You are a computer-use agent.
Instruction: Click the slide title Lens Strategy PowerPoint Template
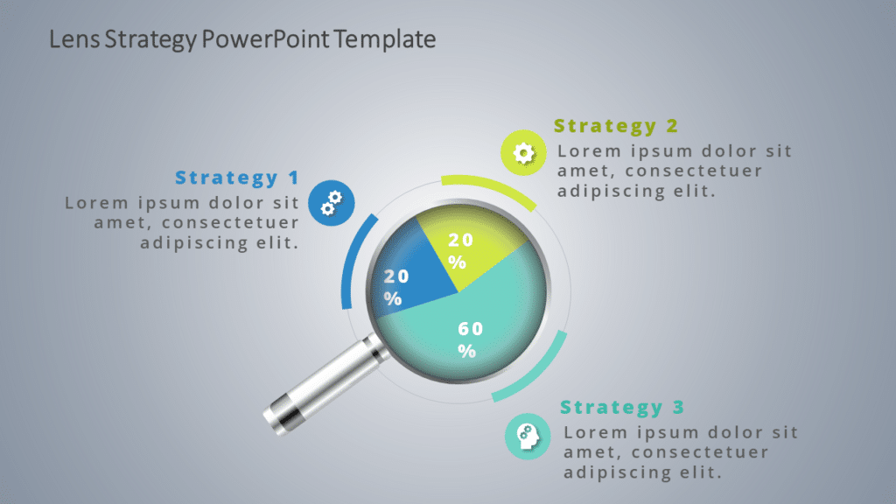(x=242, y=39)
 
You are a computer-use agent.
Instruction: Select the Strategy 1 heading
(x=237, y=178)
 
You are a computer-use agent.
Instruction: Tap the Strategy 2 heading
(x=616, y=126)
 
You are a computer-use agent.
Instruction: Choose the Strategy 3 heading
(x=623, y=408)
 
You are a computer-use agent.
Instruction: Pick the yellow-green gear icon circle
(x=523, y=153)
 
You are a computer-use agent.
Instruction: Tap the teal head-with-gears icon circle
(x=528, y=436)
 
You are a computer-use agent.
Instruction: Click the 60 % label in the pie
(x=470, y=339)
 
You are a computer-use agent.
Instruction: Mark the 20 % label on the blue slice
(x=395, y=287)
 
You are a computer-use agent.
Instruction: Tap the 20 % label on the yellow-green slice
(x=460, y=250)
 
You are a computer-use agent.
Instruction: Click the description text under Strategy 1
(x=182, y=222)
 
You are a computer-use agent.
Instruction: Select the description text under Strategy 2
(x=674, y=171)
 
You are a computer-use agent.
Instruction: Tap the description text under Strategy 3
(x=681, y=452)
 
